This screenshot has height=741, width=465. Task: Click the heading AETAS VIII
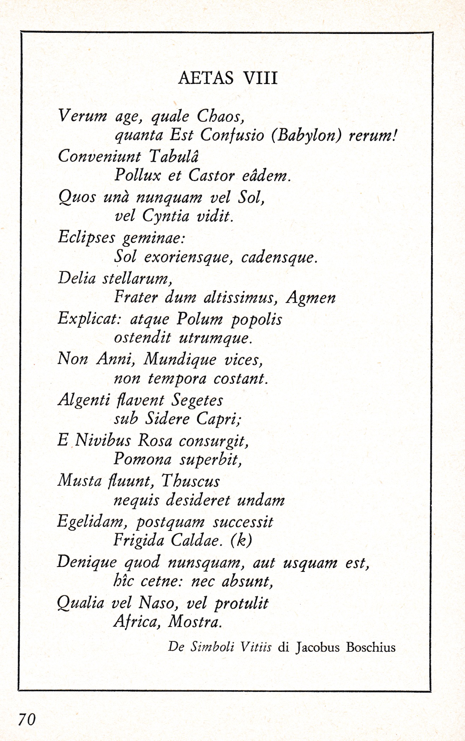[228, 78]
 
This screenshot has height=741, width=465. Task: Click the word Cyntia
[166, 216]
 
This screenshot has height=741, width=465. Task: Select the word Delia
[77, 278]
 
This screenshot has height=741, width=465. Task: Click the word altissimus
[240, 298]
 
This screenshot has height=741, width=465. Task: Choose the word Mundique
[180, 359]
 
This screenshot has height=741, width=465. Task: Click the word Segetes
[197, 400]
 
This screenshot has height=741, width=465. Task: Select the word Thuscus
[190, 481]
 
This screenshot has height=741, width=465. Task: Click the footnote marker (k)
[241, 540]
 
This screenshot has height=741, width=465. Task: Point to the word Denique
[87, 562]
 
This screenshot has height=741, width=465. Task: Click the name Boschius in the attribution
[371, 647]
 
